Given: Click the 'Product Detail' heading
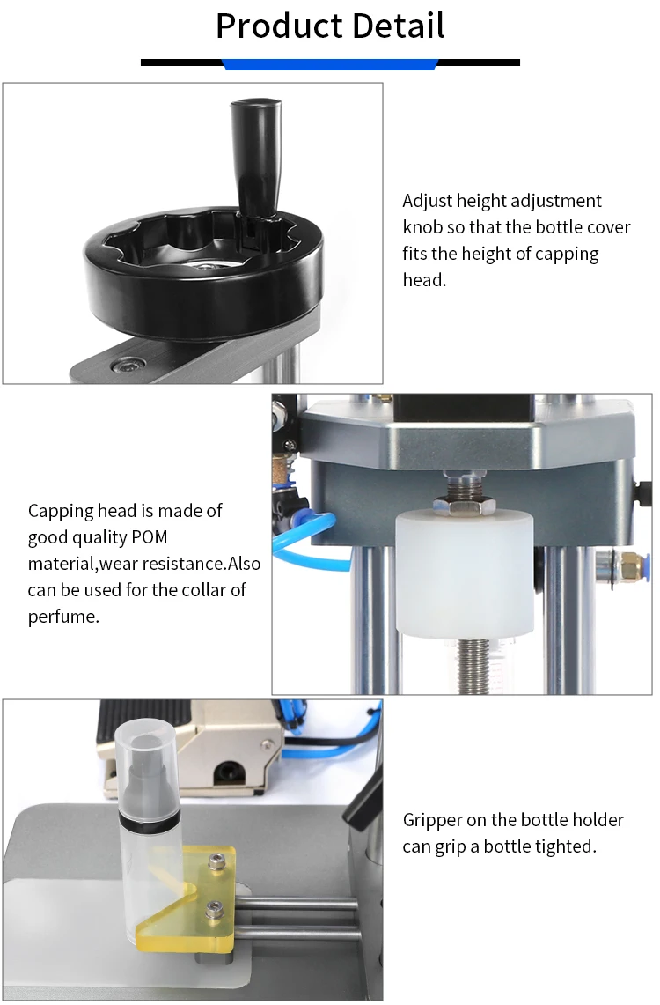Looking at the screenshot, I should (x=330, y=26).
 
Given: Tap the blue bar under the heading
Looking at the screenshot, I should (x=330, y=64).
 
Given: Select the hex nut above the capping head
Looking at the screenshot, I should (x=463, y=505).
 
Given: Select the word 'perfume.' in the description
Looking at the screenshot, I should (x=63, y=617).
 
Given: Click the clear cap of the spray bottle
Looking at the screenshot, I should (x=145, y=749).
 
